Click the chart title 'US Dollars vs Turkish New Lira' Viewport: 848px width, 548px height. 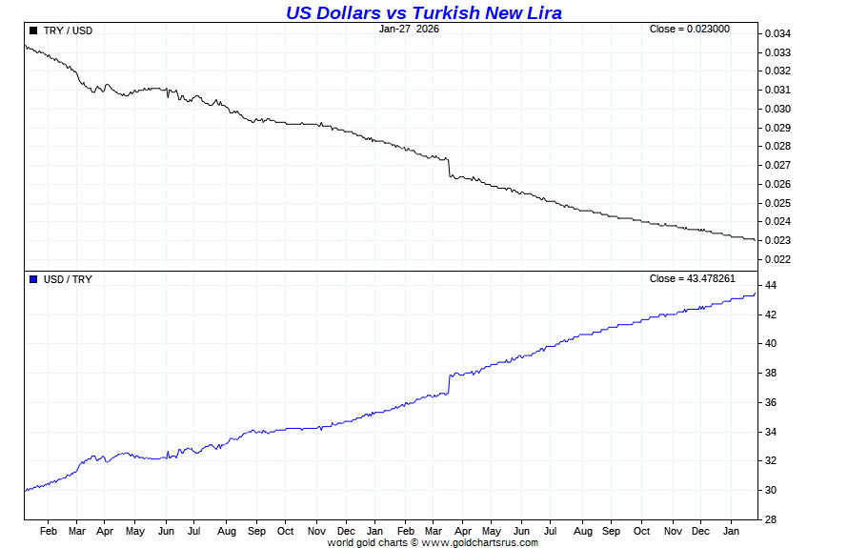tap(424, 12)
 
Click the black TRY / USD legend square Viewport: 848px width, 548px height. tap(33, 30)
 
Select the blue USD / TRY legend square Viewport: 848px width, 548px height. tap(33, 279)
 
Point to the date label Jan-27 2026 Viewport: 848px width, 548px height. tap(409, 29)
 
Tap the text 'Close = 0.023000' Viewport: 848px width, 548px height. tap(689, 29)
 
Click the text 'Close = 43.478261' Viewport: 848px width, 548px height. tap(692, 278)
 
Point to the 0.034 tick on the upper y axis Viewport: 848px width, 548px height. tap(777, 33)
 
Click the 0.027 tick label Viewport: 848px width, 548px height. tap(777, 165)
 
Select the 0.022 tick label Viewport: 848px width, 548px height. tap(777, 259)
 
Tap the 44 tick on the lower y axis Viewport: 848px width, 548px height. tap(770, 286)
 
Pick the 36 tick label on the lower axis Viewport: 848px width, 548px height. tap(770, 403)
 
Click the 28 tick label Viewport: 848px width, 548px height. tap(770, 520)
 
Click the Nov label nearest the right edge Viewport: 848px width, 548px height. tap(673, 531)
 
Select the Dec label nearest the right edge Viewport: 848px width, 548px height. tap(701, 531)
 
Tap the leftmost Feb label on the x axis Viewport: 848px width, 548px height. tap(49, 531)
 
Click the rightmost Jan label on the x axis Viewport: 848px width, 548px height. tap(732, 531)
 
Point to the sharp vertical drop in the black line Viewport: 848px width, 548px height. tap(449, 168)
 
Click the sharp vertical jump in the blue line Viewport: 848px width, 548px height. tap(449, 384)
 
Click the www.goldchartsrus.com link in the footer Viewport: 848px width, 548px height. tap(479, 542)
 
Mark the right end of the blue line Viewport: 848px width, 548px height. tap(755, 294)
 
